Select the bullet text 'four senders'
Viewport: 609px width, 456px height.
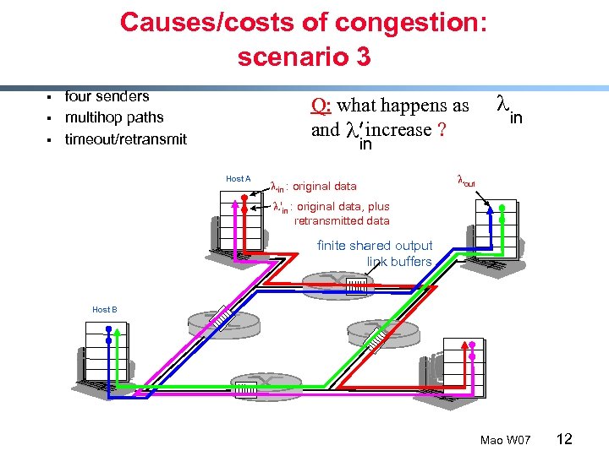107,96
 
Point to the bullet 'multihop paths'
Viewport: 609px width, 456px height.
114,117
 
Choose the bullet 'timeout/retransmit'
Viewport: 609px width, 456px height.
126,139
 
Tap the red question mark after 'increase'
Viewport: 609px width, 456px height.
442,130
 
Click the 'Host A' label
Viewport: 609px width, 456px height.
239,179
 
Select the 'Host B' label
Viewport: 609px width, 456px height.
104,310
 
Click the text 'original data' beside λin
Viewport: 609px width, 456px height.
325,186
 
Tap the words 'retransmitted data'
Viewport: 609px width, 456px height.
342,221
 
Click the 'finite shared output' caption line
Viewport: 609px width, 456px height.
375,246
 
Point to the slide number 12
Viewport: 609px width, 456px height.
564,439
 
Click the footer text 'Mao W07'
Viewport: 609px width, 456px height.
505,440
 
